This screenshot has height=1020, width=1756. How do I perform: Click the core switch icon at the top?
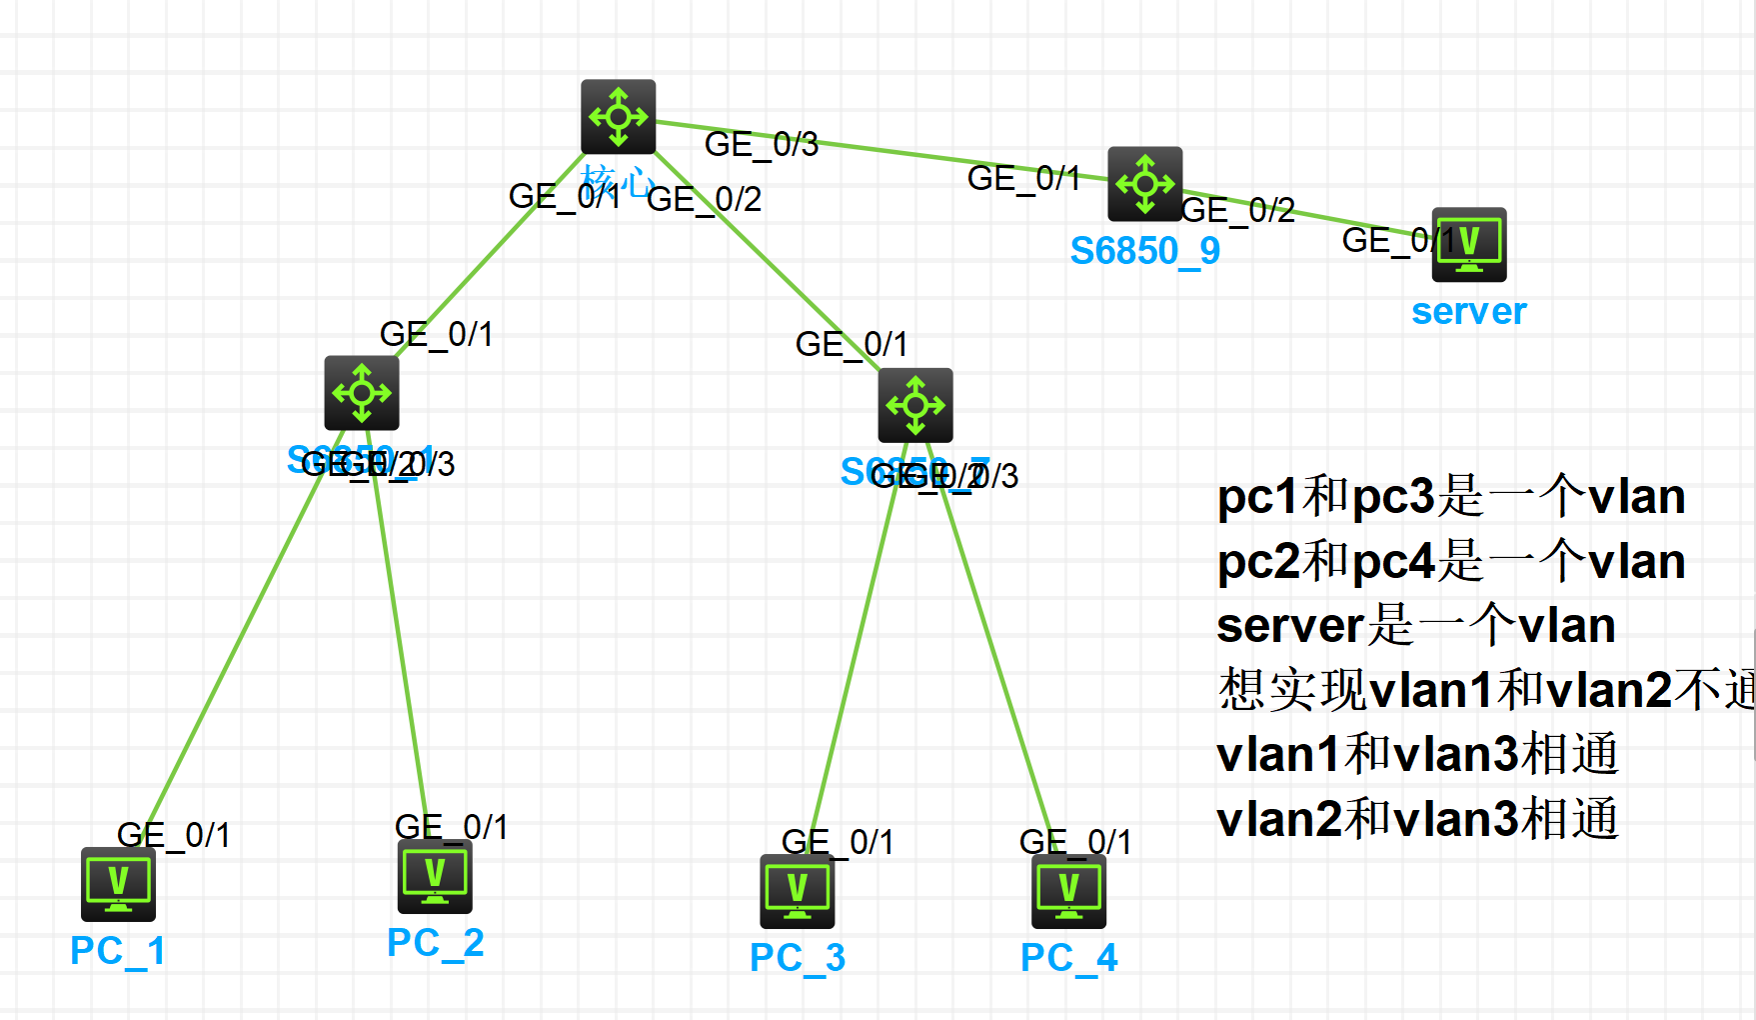click(618, 117)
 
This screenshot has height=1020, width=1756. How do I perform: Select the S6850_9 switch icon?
click(1144, 184)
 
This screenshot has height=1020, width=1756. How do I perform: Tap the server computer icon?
click(1468, 245)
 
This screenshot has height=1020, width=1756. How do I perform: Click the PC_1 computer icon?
click(118, 884)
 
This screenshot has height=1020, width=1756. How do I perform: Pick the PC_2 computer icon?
click(435, 876)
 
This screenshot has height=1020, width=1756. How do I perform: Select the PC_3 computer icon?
click(797, 891)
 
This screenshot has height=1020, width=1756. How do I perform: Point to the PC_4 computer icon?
click(1068, 891)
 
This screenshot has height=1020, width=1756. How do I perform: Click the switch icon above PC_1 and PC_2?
click(361, 393)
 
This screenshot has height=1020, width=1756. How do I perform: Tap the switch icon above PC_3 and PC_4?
click(914, 405)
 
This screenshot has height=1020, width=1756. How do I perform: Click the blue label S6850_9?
click(1144, 251)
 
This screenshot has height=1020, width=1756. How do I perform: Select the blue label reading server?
click(1468, 312)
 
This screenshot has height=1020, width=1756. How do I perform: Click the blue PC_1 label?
click(118, 950)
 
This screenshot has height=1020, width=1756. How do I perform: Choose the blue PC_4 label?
click(1068, 957)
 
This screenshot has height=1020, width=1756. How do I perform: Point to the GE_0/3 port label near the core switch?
click(762, 145)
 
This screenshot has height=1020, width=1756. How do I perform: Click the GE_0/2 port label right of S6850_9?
click(1239, 211)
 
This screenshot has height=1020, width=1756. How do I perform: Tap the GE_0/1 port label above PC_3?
click(838, 842)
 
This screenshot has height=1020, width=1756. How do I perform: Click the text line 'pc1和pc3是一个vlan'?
click(1450, 497)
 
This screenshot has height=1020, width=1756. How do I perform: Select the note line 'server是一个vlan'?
click(1415, 626)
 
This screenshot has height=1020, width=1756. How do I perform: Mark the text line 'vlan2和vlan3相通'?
click(1416, 819)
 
